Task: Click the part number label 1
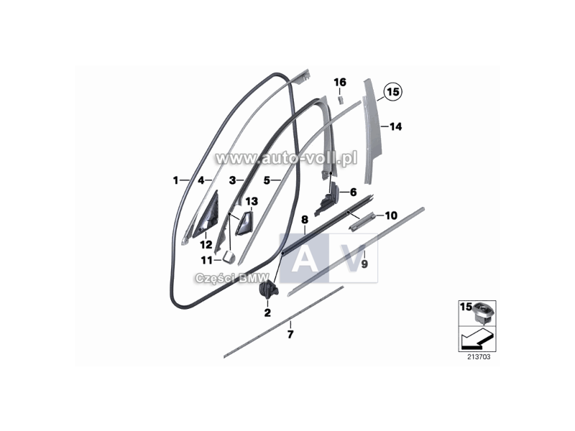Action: (176, 180)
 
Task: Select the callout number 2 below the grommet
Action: (267, 312)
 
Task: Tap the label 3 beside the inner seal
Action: (232, 180)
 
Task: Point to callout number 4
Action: (202, 180)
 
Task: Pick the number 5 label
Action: (266, 180)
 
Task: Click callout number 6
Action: (353, 192)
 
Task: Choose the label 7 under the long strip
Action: (290, 334)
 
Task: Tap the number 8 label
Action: (304, 218)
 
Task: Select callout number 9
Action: (364, 264)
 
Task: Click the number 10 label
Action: (391, 215)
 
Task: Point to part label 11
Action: (207, 261)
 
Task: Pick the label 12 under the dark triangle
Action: (206, 245)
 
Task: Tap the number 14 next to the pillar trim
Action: (395, 126)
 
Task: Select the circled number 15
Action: (392, 91)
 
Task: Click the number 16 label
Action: (340, 83)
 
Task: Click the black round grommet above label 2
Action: (267, 290)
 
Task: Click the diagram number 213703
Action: (478, 356)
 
